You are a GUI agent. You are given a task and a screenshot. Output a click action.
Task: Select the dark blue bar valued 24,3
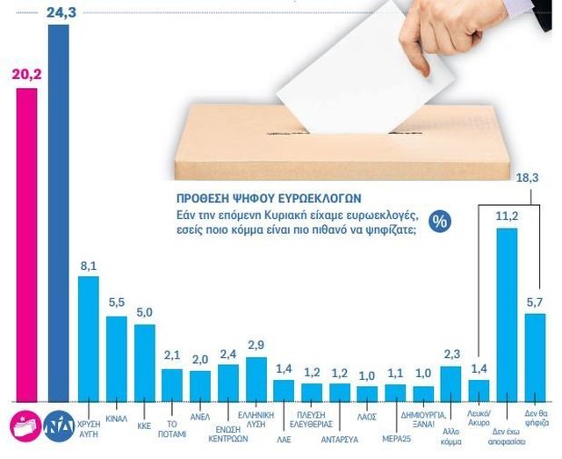tap(58, 211)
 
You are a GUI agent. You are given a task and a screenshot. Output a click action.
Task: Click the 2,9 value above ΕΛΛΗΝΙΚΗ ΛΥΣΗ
tap(256, 344)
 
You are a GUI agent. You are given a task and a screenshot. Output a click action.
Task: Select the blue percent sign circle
tap(439, 222)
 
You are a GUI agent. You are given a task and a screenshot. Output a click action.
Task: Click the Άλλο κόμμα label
tap(451, 424)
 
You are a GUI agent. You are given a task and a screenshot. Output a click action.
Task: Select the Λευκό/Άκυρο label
tap(479, 416)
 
